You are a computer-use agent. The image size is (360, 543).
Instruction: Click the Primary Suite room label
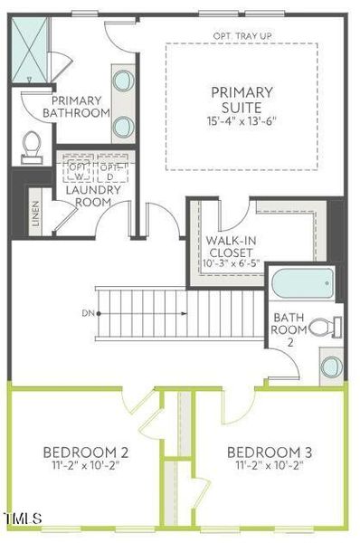point(242,100)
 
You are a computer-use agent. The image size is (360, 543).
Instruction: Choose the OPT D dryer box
point(110,171)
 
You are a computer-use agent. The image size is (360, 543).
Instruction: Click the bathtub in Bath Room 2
point(304,284)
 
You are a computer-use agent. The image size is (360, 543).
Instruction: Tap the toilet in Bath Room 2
point(329,328)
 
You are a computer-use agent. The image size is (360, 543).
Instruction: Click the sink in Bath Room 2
point(331,367)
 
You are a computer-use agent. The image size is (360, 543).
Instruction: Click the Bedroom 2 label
point(86,452)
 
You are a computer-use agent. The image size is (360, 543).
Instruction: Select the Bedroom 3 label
point(270,452)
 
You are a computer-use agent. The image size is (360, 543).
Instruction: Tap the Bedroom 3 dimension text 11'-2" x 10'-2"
point(270,467)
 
